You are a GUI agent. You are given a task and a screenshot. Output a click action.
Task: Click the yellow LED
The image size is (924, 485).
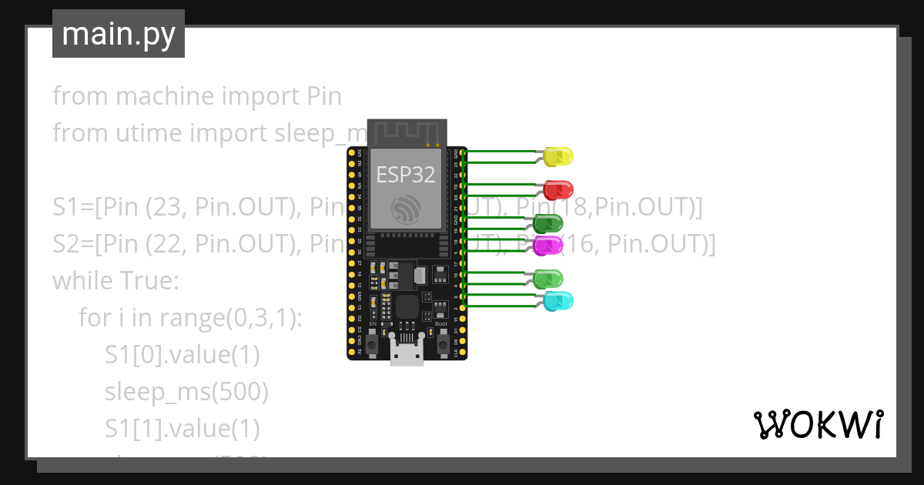[558, 156]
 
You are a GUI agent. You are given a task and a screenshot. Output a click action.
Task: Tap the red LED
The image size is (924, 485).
[558, 189]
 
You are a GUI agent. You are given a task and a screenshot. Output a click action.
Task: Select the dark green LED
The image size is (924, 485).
[548, 224]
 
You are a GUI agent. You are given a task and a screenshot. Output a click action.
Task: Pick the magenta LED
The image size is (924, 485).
[548, 246]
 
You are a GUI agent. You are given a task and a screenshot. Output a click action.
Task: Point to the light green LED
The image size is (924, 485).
[548, 279]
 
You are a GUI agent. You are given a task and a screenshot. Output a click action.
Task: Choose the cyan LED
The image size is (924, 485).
[558, 301]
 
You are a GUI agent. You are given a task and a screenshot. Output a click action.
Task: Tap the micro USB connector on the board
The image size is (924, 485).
[407, 355]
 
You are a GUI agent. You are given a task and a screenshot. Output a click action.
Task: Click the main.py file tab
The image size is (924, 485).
[119, 34]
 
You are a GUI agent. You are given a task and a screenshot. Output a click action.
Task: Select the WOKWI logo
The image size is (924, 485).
[818, 424]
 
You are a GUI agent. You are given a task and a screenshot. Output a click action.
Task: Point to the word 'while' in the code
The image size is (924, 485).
[81, 280]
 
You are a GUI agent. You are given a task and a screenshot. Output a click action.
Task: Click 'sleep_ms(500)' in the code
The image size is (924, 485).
[186, 392]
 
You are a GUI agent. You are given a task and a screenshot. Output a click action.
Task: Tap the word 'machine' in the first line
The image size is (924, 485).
[164, 96]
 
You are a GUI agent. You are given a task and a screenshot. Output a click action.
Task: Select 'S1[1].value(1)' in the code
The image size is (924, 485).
[182, 428]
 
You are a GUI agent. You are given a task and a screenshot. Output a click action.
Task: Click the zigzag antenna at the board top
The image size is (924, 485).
[406, 132]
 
